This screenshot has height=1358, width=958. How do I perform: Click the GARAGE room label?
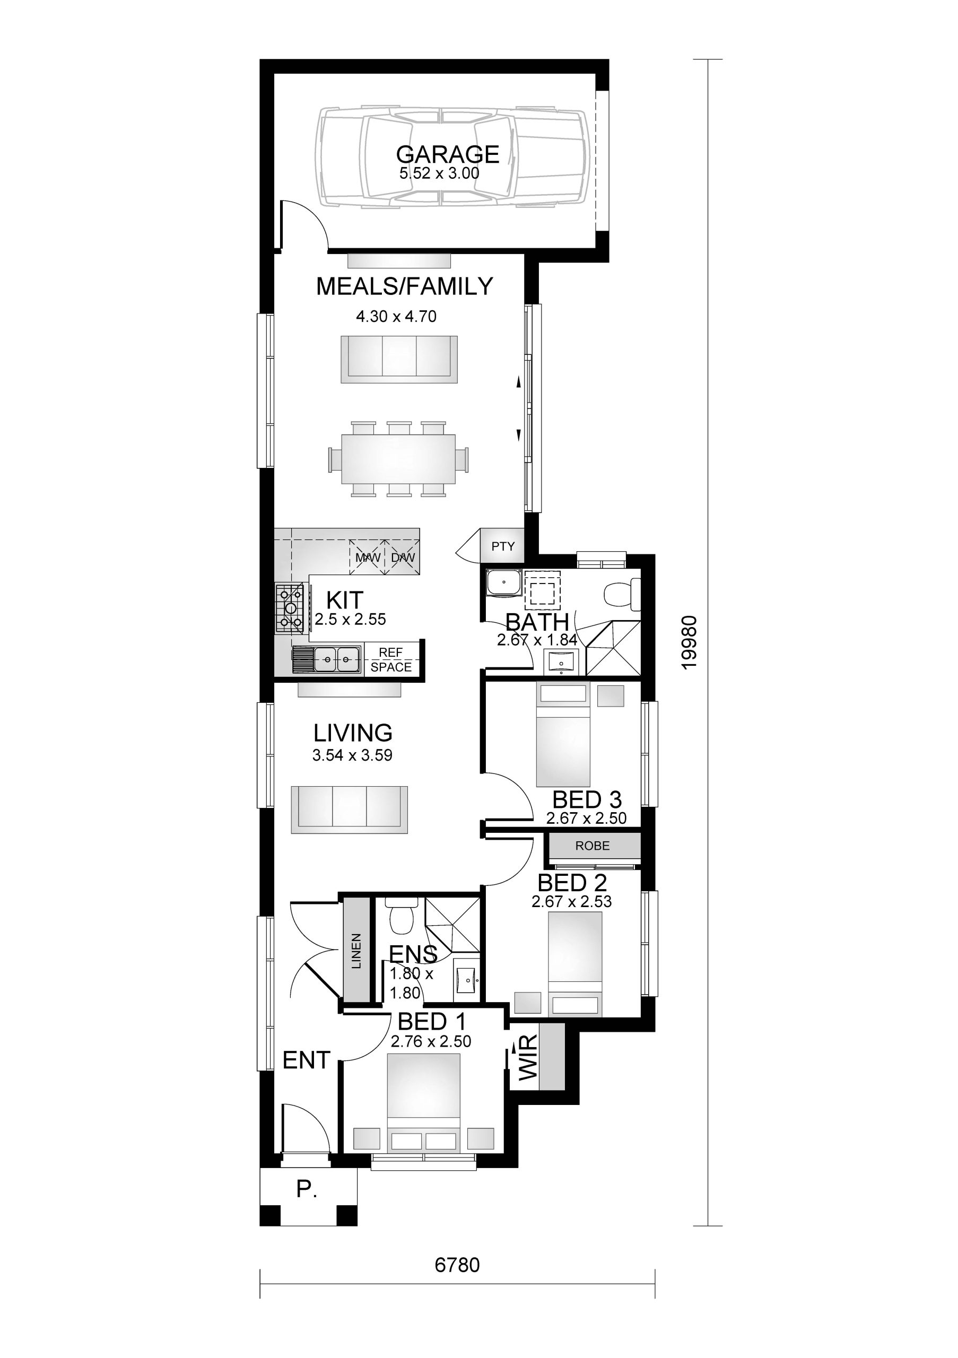tap(448, 154)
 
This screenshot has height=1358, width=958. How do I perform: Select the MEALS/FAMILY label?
tap(405, 286)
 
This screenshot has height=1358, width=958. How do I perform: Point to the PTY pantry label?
tap(503, 546)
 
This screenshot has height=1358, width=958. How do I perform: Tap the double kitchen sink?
tap(337, 658)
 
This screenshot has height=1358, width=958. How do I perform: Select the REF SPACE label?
tap(391, 659)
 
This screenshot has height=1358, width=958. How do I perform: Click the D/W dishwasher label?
tap(403, 557)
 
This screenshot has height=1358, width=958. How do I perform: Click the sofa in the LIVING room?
tap(350, 809)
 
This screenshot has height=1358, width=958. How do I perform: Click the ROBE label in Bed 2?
tap(593, 846)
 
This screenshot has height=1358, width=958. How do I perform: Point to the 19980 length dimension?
tap(690, 642)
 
